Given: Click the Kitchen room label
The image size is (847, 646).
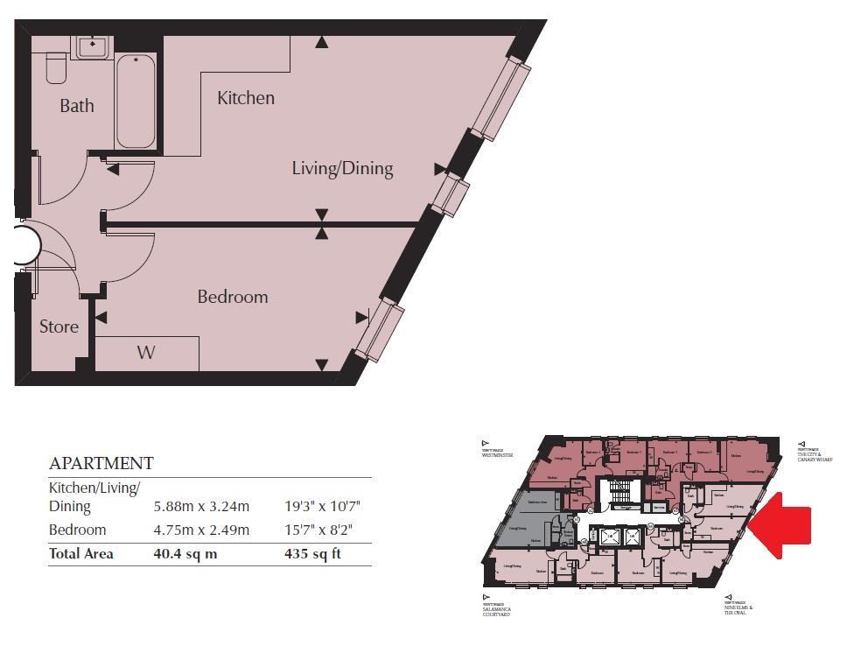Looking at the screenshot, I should pyautogui.click(x=246, y=98).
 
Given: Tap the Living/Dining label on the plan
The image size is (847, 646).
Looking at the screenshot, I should pyautogui.click(x=342, y=169).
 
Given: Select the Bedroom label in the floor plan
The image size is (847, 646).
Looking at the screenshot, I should pyautogui.click(x=232, y=297).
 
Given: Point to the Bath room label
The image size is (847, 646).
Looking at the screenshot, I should pyautogui.click(x=77, y=106).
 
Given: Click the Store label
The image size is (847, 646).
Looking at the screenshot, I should pyautogui.click(x=59, y=327).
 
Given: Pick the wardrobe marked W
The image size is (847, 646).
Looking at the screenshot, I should pyautogui.click(x=146, y=353).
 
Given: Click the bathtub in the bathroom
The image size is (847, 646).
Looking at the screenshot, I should pyautogui.click(x=136, y=102).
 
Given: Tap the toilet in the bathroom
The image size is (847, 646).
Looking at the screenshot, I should pyautogui.click(x=57, y=68).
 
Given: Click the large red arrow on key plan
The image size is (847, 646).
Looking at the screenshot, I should pyautogui.click(x=782, y=523).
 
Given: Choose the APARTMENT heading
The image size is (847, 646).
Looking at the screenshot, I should pyautogui.click(x=101, y=463).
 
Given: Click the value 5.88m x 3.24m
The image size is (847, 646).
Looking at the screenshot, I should pyautogui.click(x=201, y=506).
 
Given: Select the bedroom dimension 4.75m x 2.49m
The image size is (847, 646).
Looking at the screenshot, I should pyautogui.click(x=201, y=530).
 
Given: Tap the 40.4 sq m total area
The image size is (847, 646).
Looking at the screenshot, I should pyautogui.click(x=188, y=553).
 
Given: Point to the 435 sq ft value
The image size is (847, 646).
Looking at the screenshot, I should pyautogui.click(x=312, y=553).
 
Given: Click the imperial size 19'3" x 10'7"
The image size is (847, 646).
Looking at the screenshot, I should pyautogui.click(x=323, y=506).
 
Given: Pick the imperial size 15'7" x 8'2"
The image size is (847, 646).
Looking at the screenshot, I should pyautogui.click(x=319, y=530).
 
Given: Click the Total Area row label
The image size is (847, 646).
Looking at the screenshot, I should pyautogui.click(x=81, y=553).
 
